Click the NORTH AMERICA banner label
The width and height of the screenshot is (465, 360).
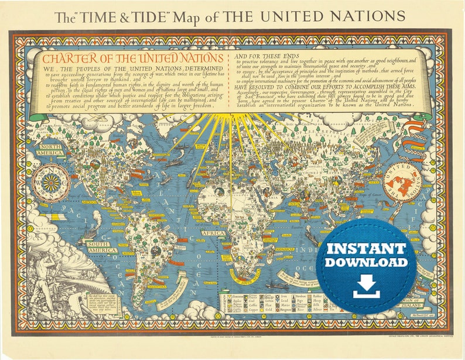(x=50, y=149)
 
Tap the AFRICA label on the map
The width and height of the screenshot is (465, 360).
(x=213, y=233)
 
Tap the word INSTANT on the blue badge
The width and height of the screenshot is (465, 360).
(x=366, y=248)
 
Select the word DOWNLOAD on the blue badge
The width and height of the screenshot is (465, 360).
(x=366, y=262)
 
